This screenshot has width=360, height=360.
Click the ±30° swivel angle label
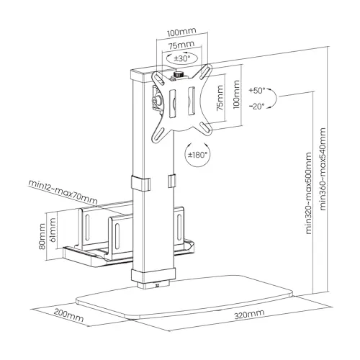point(182,58)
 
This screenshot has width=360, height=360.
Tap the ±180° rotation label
point(197,155)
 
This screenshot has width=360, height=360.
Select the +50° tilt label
point(257,91)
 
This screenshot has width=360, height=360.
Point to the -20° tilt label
point(256,106)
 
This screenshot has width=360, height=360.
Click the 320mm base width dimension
point(249,314)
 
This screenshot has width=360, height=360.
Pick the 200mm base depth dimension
point(68,315)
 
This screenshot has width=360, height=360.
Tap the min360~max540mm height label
point(323,169)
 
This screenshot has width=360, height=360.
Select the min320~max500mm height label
point(309,193)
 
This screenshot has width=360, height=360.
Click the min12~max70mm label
point(63,192)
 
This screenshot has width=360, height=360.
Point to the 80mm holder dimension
point(42,236)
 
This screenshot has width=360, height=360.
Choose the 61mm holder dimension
point(53,230)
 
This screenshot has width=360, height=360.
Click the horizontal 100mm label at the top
point(181,32)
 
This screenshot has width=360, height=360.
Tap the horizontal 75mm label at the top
point(181,45)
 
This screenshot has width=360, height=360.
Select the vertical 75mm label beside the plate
point(220,98)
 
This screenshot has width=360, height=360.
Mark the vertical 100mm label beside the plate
point(236,94)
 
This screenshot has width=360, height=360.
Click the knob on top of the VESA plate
point(178,74)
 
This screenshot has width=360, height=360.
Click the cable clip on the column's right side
point(171,181)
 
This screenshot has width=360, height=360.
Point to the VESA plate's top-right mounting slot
point(206,71)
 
